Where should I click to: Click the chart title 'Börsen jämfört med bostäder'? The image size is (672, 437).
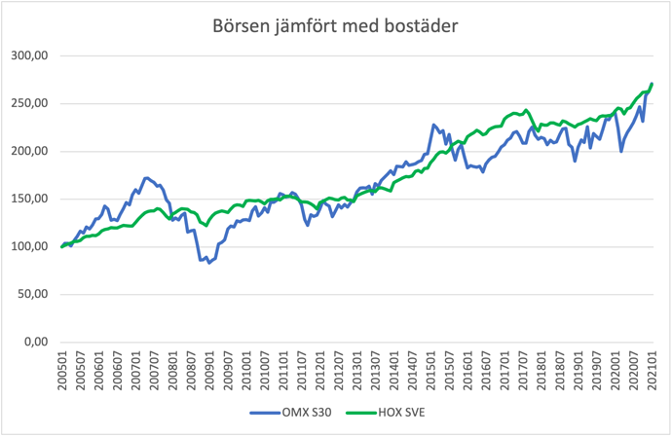tap(335, 26)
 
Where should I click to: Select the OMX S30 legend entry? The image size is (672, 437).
tap(291, 413)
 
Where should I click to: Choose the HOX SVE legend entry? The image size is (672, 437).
tap(386, 413)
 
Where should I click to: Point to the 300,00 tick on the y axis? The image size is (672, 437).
tap(29, 55)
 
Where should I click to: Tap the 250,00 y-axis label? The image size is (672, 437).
tap(29, 104)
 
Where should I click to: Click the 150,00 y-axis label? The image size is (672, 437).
tap(29, 200)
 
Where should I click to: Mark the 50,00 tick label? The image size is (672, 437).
tap(32, 295)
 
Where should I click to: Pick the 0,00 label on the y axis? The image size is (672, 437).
tap(36, 343)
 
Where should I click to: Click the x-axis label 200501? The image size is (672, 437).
tap(62, 371)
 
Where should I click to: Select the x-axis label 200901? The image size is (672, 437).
tap(210, 371)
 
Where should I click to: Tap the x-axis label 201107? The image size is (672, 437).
tap(302, 371)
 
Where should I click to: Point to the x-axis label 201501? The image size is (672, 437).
tap(431, 371)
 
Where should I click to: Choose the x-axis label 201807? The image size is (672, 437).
tap(560, 371)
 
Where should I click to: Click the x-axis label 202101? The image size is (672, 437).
tap(653, 371)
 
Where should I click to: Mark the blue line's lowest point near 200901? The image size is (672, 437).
tap(209, 263)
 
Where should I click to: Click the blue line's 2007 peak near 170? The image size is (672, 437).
tap(146, 178)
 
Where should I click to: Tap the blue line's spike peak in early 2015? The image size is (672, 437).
tap(433, 125)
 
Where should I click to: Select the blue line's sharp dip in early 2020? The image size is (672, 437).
tap(621, 152)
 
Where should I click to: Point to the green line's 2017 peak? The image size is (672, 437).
tap(526, 110)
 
